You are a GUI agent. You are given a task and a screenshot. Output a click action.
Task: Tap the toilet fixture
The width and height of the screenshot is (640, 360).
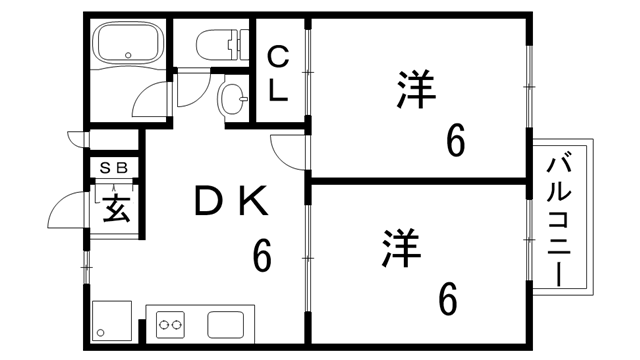point(218,45)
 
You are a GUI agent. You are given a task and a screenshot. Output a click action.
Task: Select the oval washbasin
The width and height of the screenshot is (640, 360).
point(232,99)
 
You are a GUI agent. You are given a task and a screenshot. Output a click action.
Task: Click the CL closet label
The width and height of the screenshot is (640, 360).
point(279,76)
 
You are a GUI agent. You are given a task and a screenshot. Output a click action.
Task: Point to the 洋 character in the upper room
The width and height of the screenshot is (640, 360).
point(416,91)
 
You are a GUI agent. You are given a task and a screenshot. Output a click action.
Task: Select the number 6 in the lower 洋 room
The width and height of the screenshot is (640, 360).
point(447,297)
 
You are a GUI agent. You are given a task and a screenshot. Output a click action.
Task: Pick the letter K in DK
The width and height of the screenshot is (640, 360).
point(252,203)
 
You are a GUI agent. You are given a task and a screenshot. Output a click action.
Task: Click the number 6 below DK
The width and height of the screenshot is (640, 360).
point(262,255)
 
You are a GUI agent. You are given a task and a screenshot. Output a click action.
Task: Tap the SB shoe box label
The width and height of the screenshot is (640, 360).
point(112,168)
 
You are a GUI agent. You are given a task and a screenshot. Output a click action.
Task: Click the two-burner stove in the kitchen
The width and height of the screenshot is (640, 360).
point(171,324)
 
